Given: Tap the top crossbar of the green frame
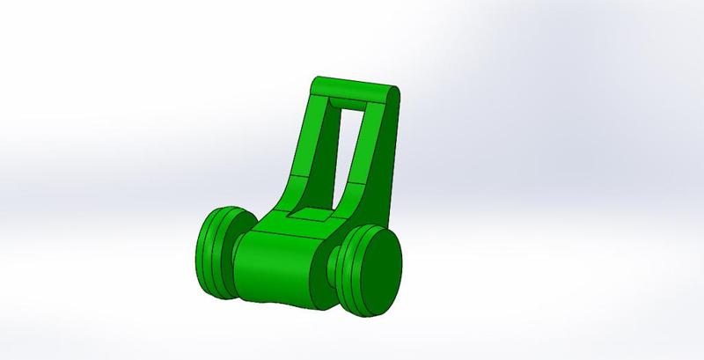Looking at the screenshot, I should click(x=352, y=88).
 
